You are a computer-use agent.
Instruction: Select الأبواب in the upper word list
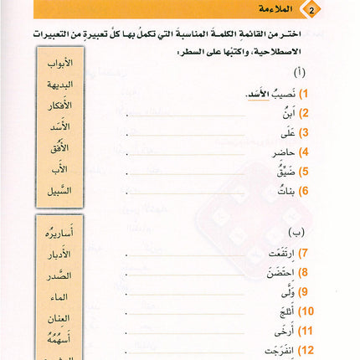coord(57,64)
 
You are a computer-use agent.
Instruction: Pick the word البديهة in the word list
coord(57,85)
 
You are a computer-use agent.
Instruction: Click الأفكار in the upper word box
coord(57,105)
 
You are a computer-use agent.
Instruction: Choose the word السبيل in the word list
coord(57,190)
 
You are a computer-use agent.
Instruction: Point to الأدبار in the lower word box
coord(57,254)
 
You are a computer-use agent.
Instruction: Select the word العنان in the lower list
coord(57,316)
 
